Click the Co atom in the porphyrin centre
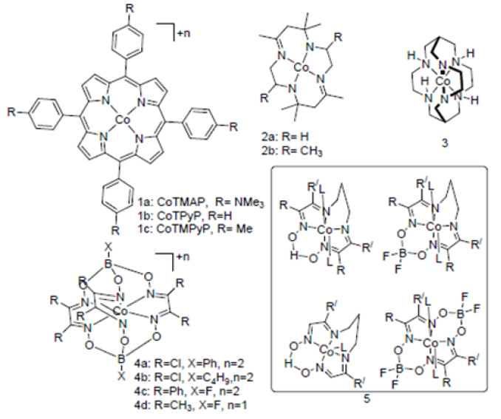click(121, 120)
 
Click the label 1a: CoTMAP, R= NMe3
click(201, 202)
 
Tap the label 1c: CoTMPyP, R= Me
click(195, 228)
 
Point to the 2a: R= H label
click(285, 137)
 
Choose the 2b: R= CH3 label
click(292, 150)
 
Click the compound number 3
click(444, 143)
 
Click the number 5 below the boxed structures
click(367, 398)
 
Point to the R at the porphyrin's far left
click(12, 112)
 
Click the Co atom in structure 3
click(443, 82)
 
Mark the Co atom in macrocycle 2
click(301, 67)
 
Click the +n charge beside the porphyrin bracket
click(183, 33)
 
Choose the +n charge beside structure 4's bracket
click(183, 256)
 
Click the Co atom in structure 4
click(120, 310)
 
